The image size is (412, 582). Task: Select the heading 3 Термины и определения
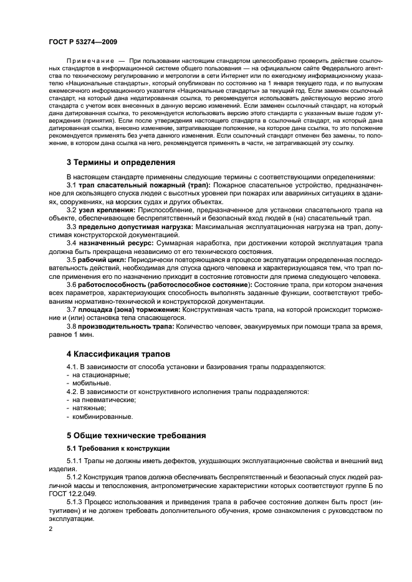[x=121, y=162]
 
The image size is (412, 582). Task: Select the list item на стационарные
[x=97, y=375]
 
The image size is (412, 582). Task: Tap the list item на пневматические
[x=100, y=400]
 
